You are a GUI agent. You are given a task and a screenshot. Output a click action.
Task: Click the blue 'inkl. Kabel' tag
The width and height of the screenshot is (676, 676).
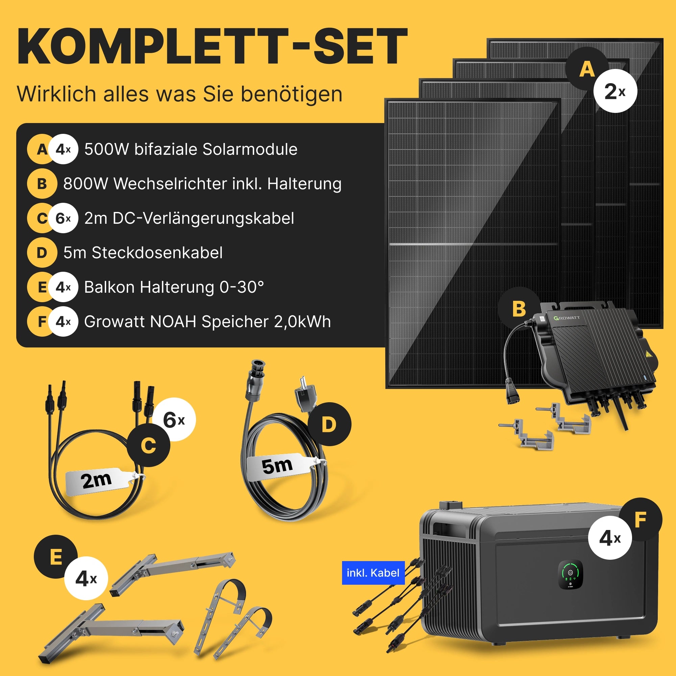point(373,573)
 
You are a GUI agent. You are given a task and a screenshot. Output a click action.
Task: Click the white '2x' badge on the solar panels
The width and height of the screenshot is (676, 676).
point(615,91)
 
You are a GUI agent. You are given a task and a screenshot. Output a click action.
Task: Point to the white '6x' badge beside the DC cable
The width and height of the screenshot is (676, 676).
point(174,419)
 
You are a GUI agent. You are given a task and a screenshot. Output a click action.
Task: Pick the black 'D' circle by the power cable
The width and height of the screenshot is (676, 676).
point(329,424)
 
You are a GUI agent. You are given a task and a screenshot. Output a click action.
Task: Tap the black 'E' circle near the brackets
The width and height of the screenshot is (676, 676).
point(56,557)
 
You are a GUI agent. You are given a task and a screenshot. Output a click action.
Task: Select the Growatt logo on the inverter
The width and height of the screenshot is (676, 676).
point(567,318)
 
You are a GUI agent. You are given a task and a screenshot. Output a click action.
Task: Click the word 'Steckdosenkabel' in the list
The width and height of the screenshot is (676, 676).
point(157,252)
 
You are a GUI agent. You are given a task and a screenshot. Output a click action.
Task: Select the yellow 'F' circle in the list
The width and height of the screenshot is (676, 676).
point(41,321)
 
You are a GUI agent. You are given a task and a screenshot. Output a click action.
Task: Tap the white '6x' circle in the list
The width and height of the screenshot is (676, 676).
point(63,218)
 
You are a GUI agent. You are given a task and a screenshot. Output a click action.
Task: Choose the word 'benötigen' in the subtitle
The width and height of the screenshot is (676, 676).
point(292,95)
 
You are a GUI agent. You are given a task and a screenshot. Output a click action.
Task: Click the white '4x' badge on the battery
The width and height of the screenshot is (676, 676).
point(610,538)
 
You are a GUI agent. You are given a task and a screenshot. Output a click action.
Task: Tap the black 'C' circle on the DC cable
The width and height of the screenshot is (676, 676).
point(148,445)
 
